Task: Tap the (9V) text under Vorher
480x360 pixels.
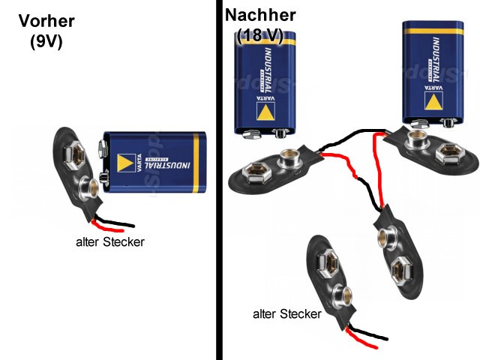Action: (x=46, y=42)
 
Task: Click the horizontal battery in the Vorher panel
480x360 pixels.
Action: (x=154, y=160)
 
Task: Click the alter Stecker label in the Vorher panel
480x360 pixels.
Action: (x=110, y=242)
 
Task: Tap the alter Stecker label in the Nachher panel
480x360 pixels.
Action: (x=287, y=313)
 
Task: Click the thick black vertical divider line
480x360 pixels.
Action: (x=219, y=180)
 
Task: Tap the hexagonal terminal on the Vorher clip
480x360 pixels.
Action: (x=76, y=154)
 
